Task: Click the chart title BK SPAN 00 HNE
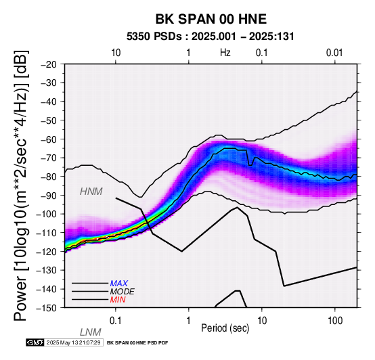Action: click(211, 19)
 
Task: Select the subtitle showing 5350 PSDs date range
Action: click(211, 37)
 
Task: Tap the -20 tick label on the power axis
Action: click(49, 64)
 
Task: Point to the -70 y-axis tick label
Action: click(49, 158)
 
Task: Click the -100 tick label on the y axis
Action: click(47, 214)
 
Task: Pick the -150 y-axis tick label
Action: click(47, 308)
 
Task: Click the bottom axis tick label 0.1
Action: click(116, 321)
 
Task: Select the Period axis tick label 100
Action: click(335, 321)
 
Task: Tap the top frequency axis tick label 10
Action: click(116, 53)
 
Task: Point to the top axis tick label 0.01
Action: click(334, 53)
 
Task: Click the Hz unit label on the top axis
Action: click(225, 53)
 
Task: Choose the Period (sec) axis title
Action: click(225, 328)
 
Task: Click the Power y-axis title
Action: click(21, 185)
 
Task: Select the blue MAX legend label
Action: click(119, 284)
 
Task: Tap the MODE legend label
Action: click(123, 292)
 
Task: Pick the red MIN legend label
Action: click(118, 300)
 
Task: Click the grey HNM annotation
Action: click(91, 192)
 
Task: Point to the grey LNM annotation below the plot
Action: click(91, 332)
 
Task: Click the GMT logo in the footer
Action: click(35, 342)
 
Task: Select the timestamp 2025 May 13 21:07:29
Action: click(73, 342)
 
